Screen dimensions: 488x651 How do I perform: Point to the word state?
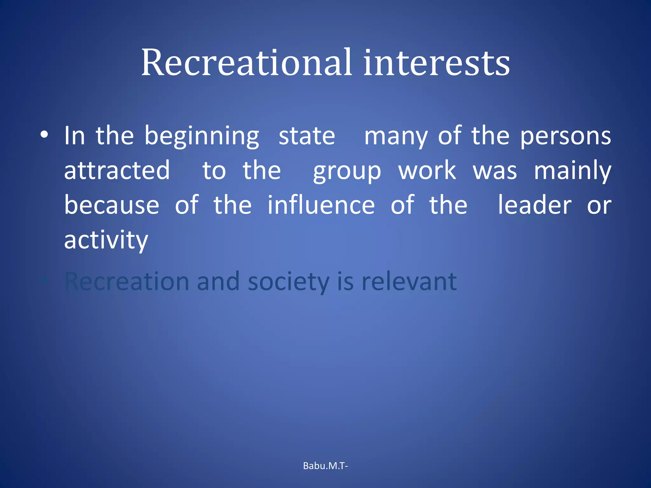(x=307, y=136)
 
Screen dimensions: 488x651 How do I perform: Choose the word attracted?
(x=117, y=171)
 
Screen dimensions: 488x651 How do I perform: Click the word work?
(x=427, y=171)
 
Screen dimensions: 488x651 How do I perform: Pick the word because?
(x=112, y=205)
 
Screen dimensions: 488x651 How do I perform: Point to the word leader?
(x=534, y=205)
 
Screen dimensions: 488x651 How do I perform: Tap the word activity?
(x=106, y=240)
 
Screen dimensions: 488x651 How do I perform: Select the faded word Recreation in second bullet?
(x=127, y=281)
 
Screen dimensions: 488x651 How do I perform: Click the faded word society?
(x=288, y=282)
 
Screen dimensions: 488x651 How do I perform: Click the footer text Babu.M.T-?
(x=325, y=466)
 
